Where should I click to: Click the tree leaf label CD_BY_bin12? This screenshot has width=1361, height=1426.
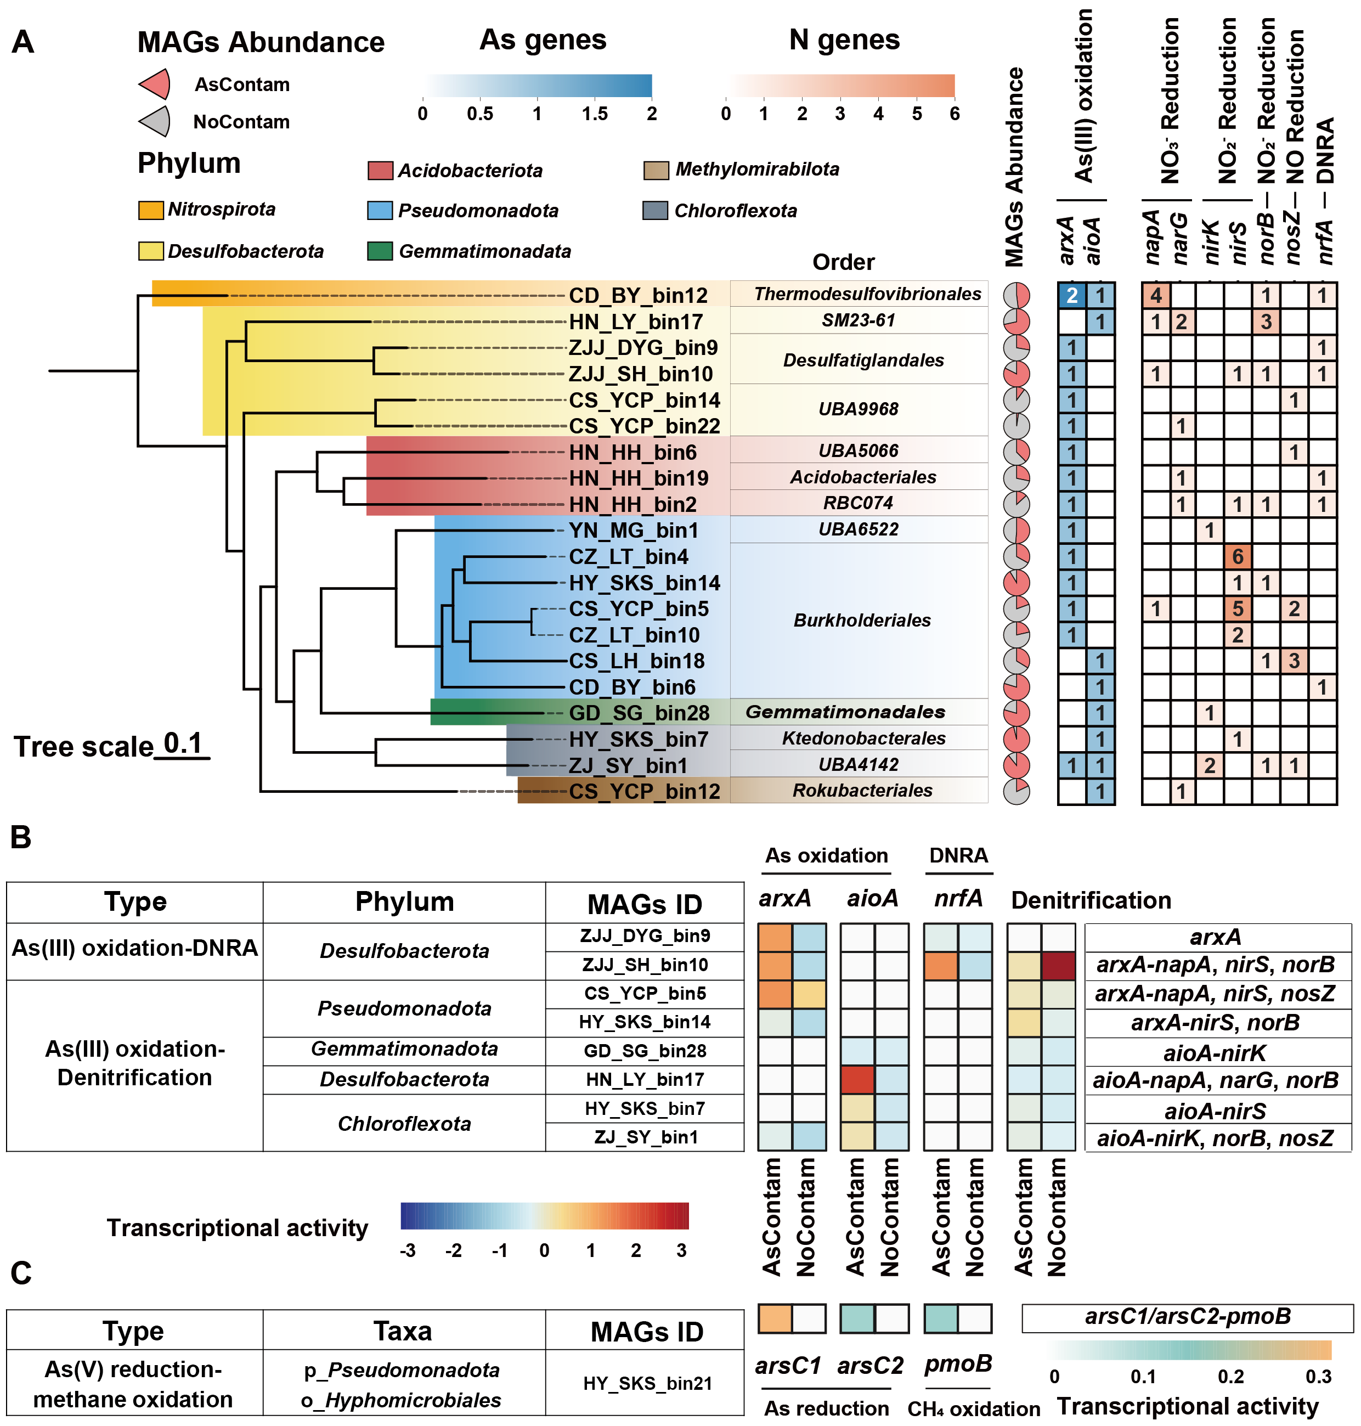pyautogui.click(x=637, y=295)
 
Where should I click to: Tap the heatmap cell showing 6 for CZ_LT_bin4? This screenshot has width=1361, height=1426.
pyautogui.click(x=1238, y=556)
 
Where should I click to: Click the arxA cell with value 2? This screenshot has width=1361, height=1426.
pyautogui.click(x=1071, y=295)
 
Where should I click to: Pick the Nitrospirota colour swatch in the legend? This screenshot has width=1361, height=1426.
pyautogui.click(x=151, y=211)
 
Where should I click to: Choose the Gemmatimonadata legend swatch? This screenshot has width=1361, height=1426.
pyautogui.click(x=380, y=251)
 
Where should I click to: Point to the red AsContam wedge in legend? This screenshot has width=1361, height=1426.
pyautogui.click(x=156, y=84)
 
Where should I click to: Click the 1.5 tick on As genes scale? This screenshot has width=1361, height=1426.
pyautogui.click(x=594, y=114)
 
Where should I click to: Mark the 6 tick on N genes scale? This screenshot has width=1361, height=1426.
pyautogui.click(x=954, y=114)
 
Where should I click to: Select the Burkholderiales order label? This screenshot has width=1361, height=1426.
pyautogui.click(x=862, y=621)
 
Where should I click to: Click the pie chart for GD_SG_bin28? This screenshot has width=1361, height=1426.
pyautogui.click(x=1016, y=713)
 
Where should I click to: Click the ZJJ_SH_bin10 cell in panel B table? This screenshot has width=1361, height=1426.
pyautogui.click(x=646, y=965)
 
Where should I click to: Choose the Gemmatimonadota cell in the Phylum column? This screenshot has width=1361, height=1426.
pyautogui.click(x=404, y=1050)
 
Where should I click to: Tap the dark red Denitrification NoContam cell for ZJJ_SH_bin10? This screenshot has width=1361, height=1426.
pyautogui.click(x=1059, y=966)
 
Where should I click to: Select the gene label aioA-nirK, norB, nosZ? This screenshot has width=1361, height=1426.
pyautogui.click(x=1215, y=1138)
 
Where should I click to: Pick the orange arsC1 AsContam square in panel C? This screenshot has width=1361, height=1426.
pyautogui.click(x=775, y=1318)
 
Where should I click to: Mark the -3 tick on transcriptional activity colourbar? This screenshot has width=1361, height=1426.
pyautogui.click(x=408, y=1250)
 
